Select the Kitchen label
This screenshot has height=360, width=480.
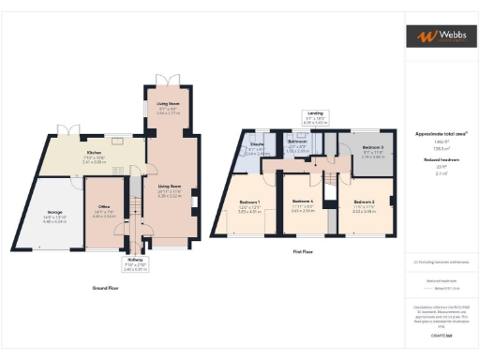click(x=94, y=152)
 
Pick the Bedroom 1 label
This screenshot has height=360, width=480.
click(x=248, y=202)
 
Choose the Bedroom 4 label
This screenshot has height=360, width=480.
click(x=301, y=202)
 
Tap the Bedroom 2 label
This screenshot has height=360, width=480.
click(x=364, y=202)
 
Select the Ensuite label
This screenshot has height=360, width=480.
click(x=257, y=145)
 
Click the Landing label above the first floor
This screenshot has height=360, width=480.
click(x=315, y=112)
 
